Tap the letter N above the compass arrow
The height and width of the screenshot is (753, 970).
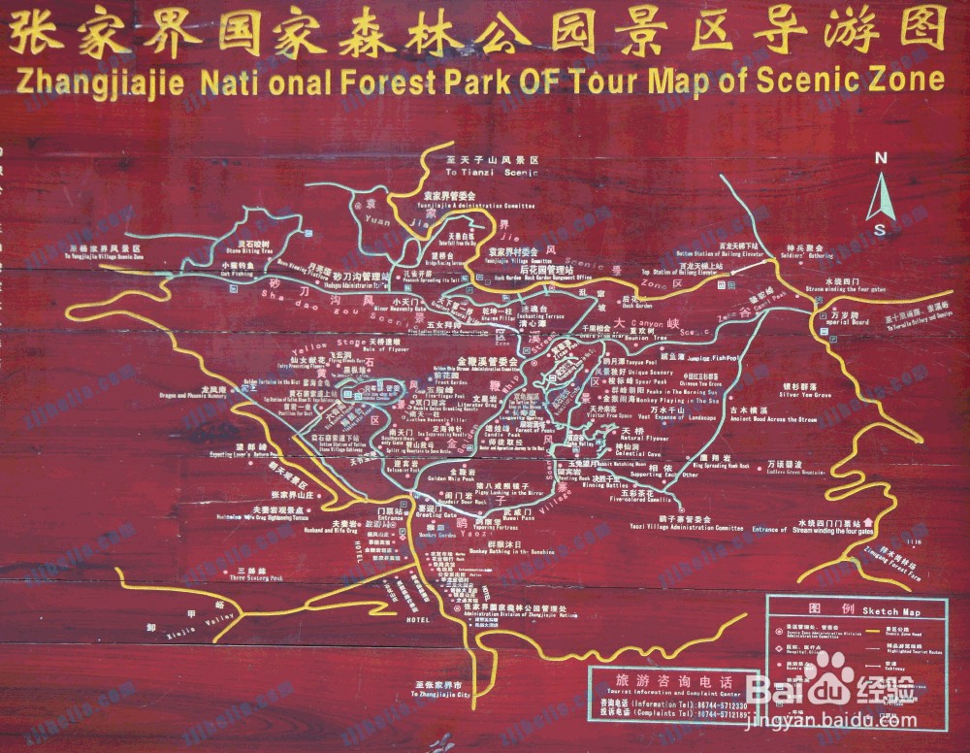coord(881,159)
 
